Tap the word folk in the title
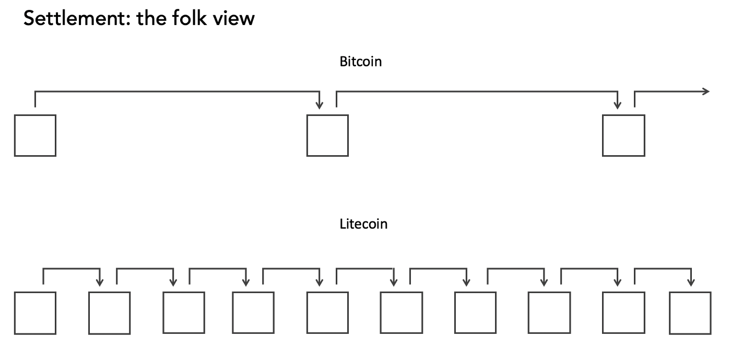(x=189, y=18)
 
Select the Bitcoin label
(x=361, y=62)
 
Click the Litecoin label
(x=363, y=224)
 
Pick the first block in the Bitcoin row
(x=36, y=135)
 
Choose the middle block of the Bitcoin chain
(x=328, y=135)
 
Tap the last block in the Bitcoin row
(x=623, y=135)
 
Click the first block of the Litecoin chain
(x=36, y=313)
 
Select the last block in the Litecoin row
(x=690, y=313)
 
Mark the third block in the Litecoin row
(x=184, y=312)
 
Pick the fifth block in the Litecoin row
(x=328, y=312)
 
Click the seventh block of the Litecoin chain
(x=476, y=312)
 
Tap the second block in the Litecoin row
(x=110, y=313)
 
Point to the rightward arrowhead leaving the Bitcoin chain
(x=706, y=91)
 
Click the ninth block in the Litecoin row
(x=623, y=312)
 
